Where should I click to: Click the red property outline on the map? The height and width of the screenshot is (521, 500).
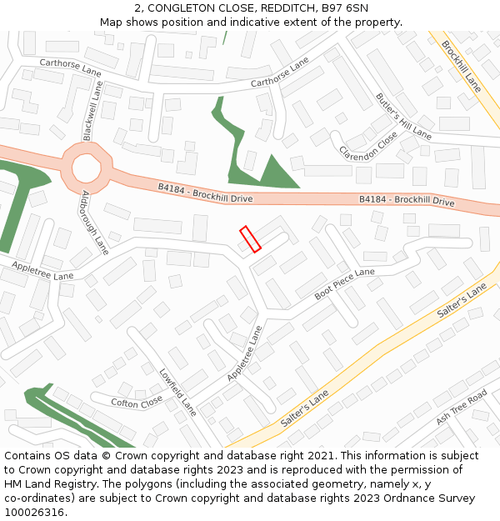point(250,239)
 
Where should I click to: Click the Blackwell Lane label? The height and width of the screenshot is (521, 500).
point(92,112)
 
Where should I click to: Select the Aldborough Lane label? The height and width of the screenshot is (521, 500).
point(95,223)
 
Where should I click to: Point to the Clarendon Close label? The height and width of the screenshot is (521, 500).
point(368,146)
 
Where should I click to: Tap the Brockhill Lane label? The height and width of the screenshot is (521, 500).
point(461,65)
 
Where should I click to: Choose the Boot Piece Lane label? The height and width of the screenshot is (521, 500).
point(344,284)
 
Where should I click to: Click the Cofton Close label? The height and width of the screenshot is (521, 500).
point(137,402)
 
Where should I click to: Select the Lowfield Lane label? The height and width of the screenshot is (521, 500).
point(177,393)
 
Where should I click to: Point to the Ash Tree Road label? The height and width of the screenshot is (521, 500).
point(461,407)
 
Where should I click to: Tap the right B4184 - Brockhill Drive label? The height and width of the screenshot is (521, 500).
point(407,201)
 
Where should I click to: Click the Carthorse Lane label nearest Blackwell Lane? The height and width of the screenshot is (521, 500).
point(71,68)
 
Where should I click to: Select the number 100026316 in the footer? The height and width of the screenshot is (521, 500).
point(34,512)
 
